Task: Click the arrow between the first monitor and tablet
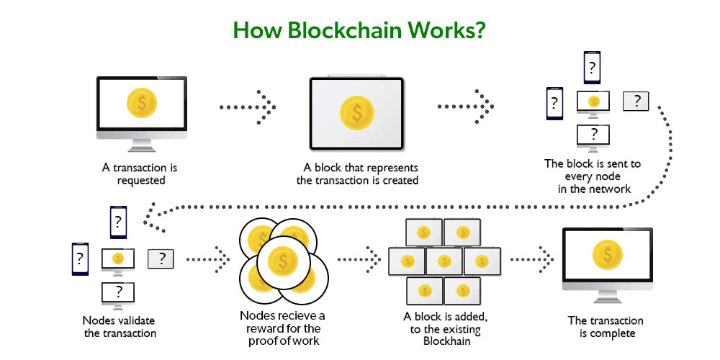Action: [248, 107]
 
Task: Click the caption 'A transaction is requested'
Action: [141, 174]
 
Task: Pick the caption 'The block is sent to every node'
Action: [592, 170]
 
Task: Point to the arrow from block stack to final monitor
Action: [532, 256]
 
